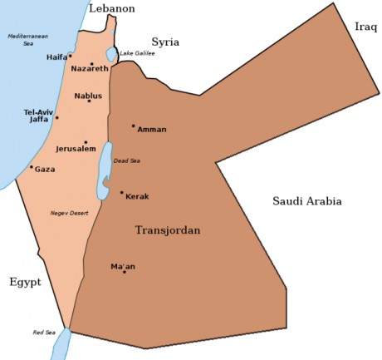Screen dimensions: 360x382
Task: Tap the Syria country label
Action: [165, 42]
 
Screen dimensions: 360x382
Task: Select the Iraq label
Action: [365, 27]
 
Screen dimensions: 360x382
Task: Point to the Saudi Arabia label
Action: [307, 201]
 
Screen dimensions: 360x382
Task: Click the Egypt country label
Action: [25, 282]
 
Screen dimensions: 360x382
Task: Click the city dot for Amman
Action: [133, 126]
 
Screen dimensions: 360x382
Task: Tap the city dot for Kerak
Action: [121, 193]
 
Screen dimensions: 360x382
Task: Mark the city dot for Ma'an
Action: [124, 272]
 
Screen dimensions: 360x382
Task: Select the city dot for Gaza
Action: [32, 167]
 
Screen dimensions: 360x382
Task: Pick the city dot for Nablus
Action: [89, 101]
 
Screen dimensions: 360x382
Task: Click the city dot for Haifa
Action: [71, 56]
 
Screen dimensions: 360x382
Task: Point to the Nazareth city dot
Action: [91, 63]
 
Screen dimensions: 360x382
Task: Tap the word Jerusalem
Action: [76, 150]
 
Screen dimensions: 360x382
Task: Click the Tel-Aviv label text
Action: [39, 111]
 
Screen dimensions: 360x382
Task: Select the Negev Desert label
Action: [69, 214]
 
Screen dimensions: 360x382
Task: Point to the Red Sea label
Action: [44, 333]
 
